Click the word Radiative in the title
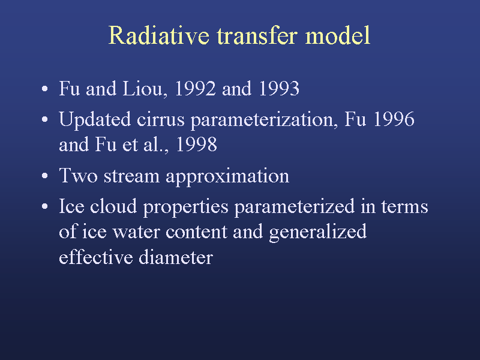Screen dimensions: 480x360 tap(159, 35)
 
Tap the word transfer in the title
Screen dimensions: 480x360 tap(257, 35)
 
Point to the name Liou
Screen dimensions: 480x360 tap(145, 88)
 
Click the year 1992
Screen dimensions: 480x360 tap(195, 88)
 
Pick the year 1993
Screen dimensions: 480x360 tap(279, 88)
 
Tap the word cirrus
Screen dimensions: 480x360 tap(160, 119)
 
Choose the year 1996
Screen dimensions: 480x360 tap(394, 119)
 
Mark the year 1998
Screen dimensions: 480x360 tap(197, 144)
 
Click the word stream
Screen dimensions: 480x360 tap(131, 176)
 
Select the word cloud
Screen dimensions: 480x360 tap(113, 206)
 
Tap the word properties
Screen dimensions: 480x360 tap(186, 207)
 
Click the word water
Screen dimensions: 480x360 tap(137, 232)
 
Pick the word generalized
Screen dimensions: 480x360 tap(318, 232)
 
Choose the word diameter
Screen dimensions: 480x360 tap(176, 257)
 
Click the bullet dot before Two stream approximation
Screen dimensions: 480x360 tap(44, 176)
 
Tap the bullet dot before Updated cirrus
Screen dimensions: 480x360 tap(44, 119)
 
